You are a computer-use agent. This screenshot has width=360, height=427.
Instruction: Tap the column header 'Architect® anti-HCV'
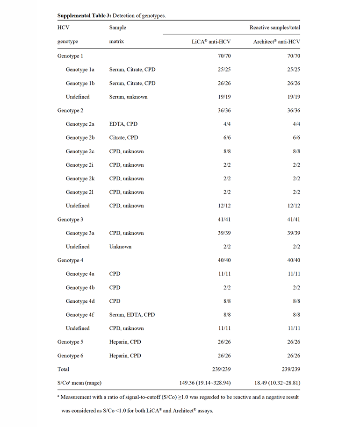point(277,42)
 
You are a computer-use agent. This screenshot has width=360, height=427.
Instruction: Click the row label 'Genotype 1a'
point(80,70)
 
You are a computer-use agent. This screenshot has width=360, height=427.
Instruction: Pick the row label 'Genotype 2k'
point(80,178)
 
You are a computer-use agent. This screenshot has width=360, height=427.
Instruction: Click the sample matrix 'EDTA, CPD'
point(123,124)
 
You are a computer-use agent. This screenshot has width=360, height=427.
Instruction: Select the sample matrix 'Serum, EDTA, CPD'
point(132,315)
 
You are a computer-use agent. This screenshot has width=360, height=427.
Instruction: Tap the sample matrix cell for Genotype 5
point(125,342)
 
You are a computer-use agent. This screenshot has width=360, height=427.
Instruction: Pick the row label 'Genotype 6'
point(71,356)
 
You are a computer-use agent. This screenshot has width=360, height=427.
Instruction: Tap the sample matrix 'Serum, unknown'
point(129,97)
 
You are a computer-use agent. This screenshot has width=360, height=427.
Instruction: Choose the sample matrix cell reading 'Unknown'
point(120,247)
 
